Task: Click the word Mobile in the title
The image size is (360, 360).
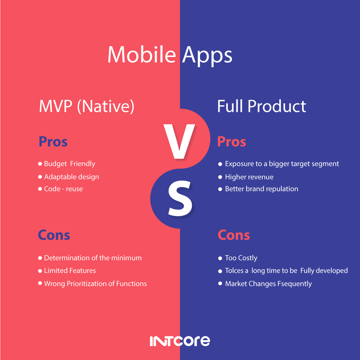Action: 141,55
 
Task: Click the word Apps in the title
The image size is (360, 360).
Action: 207,56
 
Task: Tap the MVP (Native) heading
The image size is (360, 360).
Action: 87,106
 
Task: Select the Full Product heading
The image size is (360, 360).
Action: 261,106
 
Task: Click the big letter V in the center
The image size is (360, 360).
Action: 179,141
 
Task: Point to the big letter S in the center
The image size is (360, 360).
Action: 180,199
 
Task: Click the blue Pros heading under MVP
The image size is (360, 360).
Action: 53,142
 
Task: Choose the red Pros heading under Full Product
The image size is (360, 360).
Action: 231,142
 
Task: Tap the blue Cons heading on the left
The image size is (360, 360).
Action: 54,235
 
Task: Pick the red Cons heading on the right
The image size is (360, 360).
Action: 234,235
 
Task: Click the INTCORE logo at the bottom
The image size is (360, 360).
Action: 180,341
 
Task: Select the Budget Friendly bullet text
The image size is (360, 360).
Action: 70,164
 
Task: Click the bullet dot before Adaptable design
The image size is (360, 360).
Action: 40,177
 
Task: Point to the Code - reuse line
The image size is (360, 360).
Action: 63,189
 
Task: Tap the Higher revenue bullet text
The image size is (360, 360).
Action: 249,177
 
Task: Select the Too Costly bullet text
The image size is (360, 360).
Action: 241,258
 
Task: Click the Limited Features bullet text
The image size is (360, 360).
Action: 70,271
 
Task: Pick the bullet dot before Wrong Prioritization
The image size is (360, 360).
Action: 40,283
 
